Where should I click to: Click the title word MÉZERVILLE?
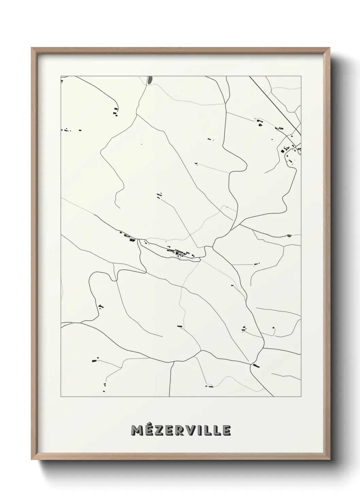tap(181, 430)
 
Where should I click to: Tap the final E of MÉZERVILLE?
tap(226, 430)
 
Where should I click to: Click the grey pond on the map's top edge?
tap(150, 80)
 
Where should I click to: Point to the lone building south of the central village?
tap(180, 327)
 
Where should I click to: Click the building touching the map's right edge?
tap(290, 235)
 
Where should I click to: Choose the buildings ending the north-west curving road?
tap(116, 111)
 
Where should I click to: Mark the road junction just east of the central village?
tap(212, 247)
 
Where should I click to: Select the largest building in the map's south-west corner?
tap(93, 360)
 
